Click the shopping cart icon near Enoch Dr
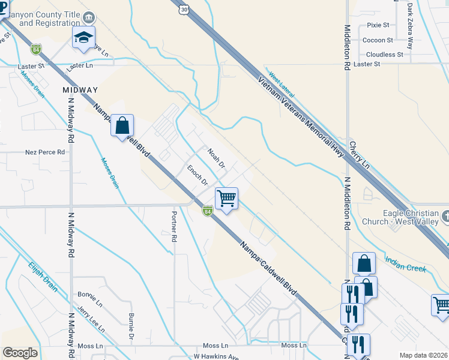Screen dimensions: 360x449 click(x=226, y=198)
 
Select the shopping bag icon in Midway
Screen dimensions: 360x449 click(x=122, y=126)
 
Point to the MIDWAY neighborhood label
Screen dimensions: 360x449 click(x=80, y=90)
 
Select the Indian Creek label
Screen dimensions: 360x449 click(x=405, y=262)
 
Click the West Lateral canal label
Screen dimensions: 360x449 click(x=282, y=85)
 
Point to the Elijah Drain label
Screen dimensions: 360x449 click(x=43, y=276)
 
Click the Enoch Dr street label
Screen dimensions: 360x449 click(x=197, y=175)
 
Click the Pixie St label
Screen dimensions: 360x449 click(x=378, y=25)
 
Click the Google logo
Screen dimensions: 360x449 click(x=20, y=353)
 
